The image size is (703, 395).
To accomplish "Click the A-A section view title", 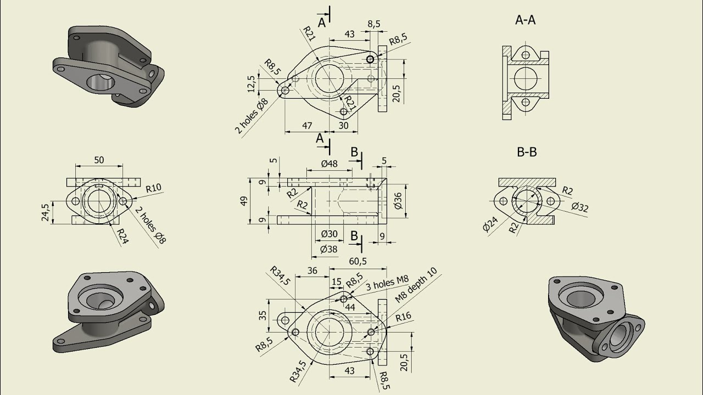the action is pyautogui.click(x=525, y=20).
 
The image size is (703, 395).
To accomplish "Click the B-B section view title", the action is pyautogui.click(x=527, y=152).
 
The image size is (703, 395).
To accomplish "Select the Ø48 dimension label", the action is pyautogui.click(x=329, y=163).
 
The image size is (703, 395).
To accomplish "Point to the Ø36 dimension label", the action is pyautogui.click(x=398, y=201).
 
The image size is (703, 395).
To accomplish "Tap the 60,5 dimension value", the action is pyautogui.click(x=358, y=261).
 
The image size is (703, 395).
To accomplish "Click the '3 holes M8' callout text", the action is pyautogui.click(x=388, y=283).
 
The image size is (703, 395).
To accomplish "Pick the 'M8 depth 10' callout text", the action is pyautogui.click(x=416, y=285).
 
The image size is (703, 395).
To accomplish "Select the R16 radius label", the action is pyautogui.click(x=403, y=317).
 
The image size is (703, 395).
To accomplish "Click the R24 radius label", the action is pyautogui.click(x=122, y=236).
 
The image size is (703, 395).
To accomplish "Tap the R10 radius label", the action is pyautogui.click(x=154, y=188).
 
